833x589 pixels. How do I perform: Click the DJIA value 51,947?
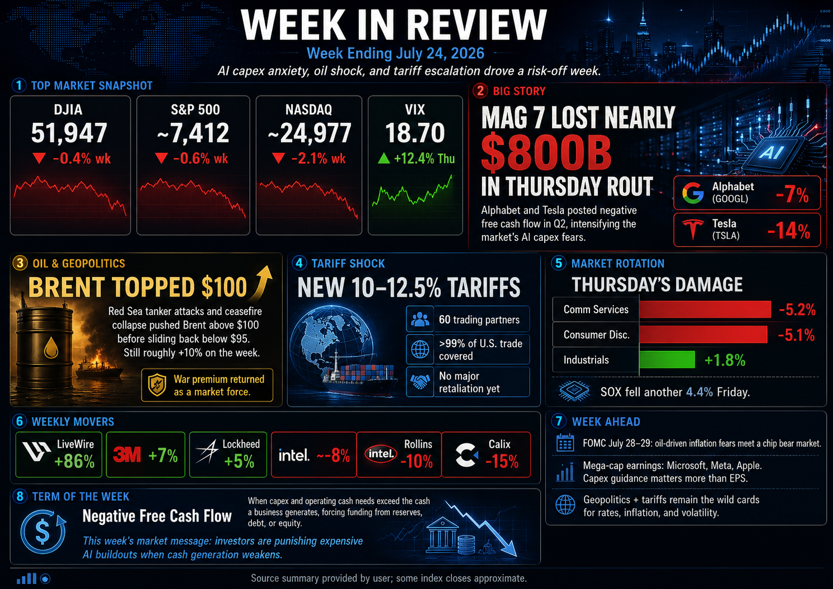click(69, 133)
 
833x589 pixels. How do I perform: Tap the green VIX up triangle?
click(384, 159)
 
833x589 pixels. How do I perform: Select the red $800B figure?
click(546, 152)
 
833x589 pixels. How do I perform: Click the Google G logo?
click(693, 193)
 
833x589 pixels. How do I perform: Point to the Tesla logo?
click(692, 229)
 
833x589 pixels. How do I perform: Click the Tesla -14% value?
click(789, 231)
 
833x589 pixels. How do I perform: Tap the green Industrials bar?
click(667, 360)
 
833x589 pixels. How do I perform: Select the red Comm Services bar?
click(705, 309)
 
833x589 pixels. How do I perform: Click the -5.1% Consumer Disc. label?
click(796, 335)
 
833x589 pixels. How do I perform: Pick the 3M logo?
click(127, 454)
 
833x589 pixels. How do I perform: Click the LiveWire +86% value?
click(74, 462)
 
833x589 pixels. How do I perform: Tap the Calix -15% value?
click(502, 462)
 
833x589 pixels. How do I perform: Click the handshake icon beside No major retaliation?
click(420, 382)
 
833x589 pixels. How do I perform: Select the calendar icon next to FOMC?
click(565, 443)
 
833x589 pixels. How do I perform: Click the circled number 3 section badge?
click(20, 263)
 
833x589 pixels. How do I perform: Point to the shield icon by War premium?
click(157, 385)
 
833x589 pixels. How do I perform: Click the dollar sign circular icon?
click(43, 531)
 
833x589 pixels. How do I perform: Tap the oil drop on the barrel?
click(51, 347)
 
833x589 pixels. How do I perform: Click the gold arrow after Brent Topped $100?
click(263, 283)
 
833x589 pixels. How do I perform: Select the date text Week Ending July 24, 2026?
click(396, 54)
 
